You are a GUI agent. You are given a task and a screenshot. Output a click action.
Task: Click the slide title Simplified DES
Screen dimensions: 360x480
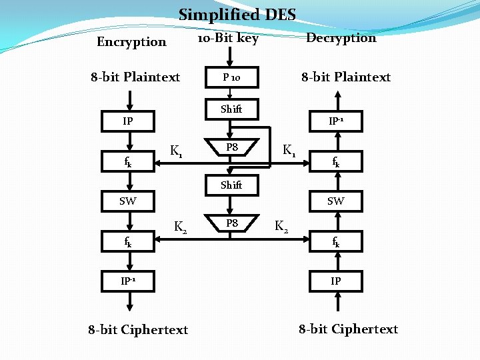237,14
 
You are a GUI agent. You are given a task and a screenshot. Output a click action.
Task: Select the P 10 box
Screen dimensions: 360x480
231,77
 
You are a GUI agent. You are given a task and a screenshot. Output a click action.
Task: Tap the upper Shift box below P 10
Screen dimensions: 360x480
231,109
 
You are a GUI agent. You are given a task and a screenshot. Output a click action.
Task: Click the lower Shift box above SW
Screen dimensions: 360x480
231,185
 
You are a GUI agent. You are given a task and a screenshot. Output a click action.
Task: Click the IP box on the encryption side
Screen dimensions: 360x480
127,122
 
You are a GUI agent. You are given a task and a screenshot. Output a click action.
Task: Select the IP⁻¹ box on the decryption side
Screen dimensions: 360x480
336,121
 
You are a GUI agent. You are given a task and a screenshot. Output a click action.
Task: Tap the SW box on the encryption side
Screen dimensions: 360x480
127,201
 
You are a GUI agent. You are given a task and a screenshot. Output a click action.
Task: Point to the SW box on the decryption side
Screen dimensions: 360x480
336,201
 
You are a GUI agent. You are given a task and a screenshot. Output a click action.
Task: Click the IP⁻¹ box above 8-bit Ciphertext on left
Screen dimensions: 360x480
127,281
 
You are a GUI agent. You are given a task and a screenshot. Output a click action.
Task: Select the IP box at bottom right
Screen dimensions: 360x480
336,281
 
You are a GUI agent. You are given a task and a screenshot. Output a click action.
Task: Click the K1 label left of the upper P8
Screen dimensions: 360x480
177,151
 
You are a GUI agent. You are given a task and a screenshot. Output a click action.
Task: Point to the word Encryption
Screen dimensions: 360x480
131,42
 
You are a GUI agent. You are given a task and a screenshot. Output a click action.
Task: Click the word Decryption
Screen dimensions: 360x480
341,38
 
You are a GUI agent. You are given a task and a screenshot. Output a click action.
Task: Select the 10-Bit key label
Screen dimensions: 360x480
229,38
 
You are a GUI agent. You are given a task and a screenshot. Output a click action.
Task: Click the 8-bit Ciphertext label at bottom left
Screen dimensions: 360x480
138,329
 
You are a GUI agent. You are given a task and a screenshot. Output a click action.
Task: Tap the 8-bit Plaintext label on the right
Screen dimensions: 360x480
346,77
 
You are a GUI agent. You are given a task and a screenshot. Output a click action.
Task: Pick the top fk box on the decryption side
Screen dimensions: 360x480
336,161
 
